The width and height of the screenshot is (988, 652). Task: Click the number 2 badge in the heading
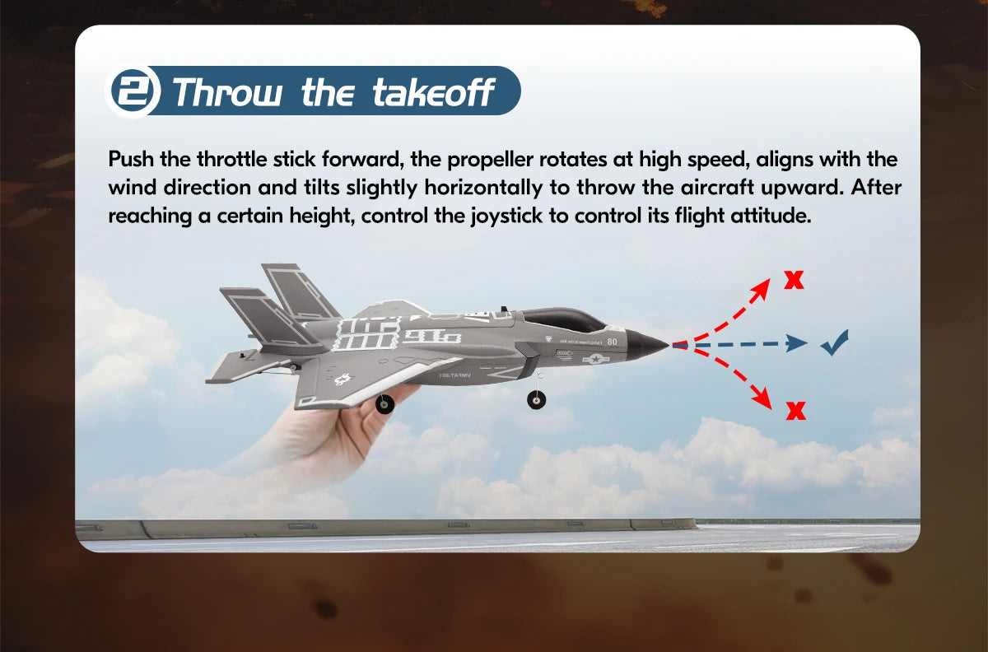(x=135, y=91)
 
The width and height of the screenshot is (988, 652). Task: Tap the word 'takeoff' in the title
(x=434, y=92)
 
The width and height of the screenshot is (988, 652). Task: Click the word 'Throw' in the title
(x=229, y=92)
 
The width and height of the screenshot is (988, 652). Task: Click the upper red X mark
(x=794, y=280)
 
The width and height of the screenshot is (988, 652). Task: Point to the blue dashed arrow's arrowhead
(x=796, y=342)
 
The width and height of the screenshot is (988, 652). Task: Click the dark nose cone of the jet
(x=646, y=343)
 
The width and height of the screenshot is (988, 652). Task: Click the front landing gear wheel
(x=536, y=400)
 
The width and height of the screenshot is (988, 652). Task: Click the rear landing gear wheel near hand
(x=384, y=403)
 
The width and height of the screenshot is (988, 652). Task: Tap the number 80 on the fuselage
(x=612, y=341)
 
